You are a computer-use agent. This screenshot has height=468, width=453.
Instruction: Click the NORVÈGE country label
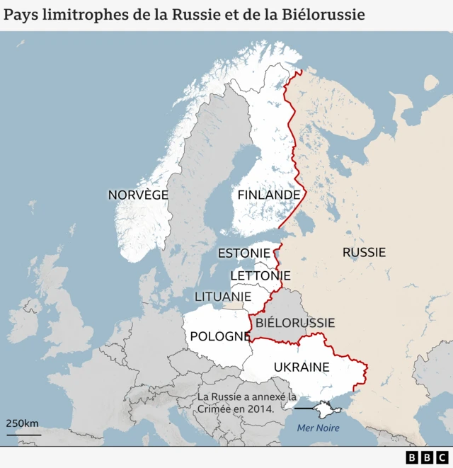pos(138,195)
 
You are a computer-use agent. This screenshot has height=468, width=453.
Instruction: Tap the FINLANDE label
pos(268,195)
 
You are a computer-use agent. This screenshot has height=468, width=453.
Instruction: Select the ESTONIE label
pos(243,253)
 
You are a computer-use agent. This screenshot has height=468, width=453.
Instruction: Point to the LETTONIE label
pos(260,275)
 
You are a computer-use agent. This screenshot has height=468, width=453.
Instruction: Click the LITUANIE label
pos(223,296)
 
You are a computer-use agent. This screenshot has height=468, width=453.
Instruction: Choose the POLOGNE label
pos(220,336)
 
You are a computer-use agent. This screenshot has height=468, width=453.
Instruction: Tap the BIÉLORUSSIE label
pos(295,323)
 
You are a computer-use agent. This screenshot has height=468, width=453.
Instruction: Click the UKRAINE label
pos(302,367)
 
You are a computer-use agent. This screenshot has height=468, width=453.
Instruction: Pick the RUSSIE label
pos(364,252)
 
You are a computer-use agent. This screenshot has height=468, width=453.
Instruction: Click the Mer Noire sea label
pos(318,428)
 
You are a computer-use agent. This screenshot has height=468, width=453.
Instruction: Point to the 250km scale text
pos(23,423)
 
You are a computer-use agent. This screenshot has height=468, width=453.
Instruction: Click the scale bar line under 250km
pos(23,433)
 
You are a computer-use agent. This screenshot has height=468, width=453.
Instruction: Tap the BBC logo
pos(427,457)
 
